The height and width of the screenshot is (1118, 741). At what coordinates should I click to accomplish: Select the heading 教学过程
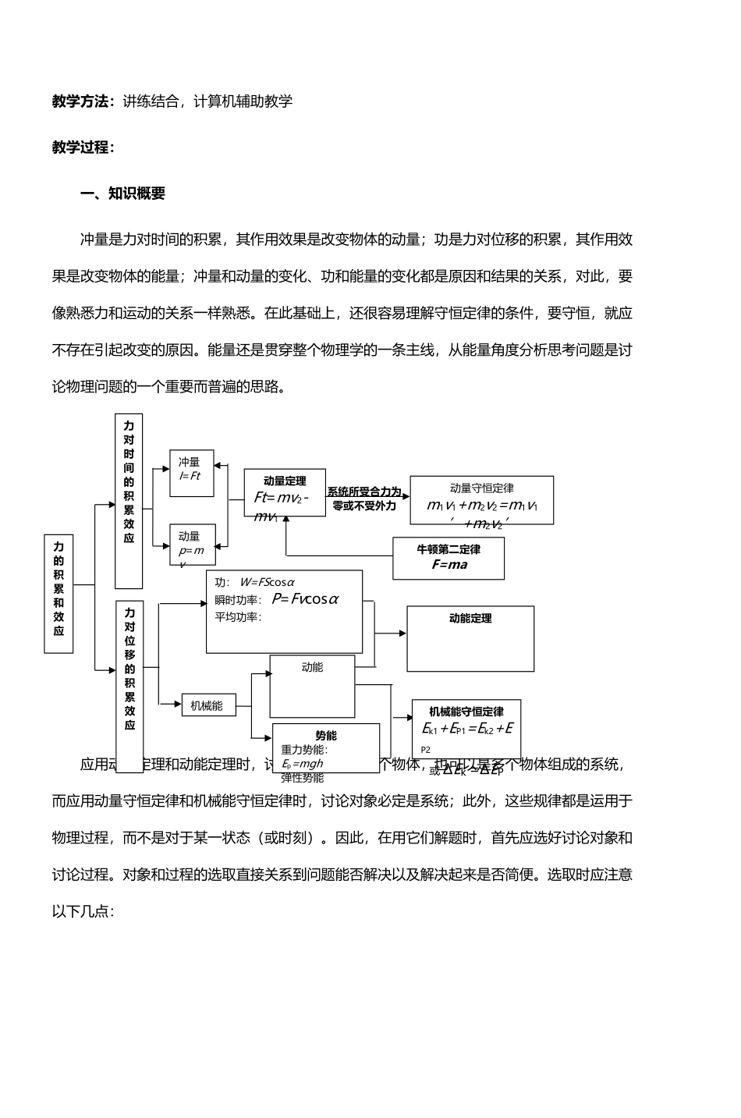tap(83, 147)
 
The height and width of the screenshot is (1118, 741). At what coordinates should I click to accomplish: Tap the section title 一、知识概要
tap(123, 193)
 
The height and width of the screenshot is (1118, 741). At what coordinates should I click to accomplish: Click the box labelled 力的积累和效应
tap(58, 594)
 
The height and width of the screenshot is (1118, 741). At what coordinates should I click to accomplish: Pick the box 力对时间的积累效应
tap(129, 500)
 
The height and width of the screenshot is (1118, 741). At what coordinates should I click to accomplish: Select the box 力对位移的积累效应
tap(129, 685)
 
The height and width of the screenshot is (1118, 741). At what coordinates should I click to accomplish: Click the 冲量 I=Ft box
tap(191, 473)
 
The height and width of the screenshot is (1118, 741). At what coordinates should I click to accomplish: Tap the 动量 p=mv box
tap(192, 545)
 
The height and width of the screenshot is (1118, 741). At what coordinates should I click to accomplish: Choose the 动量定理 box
tap(284, 492)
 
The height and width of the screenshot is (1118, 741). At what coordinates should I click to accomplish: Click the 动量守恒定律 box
tap(481, 500)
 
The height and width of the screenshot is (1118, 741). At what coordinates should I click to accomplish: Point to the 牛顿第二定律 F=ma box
tap(448, 558)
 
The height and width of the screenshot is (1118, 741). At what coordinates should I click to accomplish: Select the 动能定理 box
tap(470, 638)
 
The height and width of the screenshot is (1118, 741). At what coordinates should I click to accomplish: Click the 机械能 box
tap(207, 705)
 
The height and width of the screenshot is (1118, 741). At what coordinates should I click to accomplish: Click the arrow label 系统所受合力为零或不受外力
tap(364, 499)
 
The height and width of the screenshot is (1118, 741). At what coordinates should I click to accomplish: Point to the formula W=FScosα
tap(267, 582)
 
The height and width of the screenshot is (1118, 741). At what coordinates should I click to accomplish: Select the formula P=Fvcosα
tap(305, 599)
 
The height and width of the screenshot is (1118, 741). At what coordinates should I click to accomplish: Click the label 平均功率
tap(238, 617)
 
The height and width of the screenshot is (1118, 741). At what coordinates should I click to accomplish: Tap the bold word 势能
tap(326, 736)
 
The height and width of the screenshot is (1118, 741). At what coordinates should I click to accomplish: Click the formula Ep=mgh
tap(303, 764)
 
